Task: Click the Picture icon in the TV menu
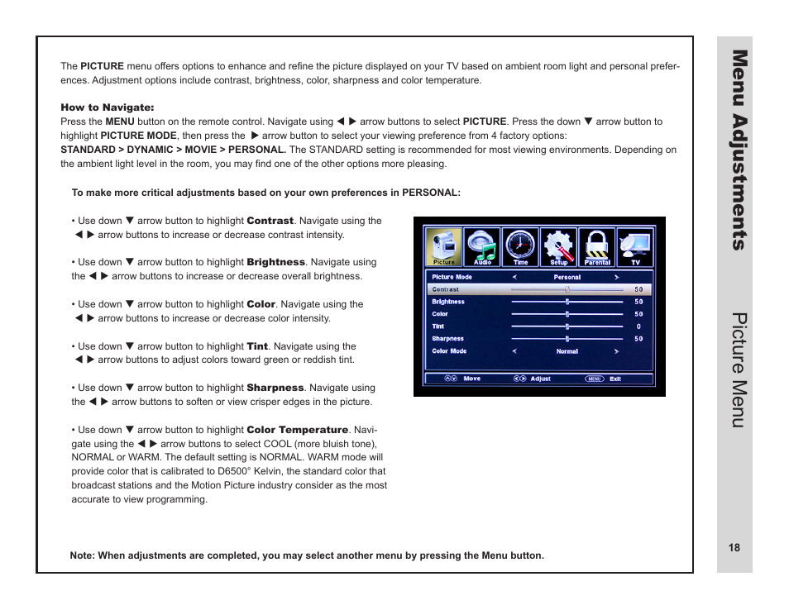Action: [443, 246]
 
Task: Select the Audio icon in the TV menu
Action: [482, 246]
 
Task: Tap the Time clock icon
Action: [520, 246]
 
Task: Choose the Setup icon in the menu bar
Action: [559, 246]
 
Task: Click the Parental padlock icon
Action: [597, 246]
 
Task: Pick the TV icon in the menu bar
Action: [635, 246]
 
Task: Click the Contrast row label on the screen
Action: [446, 290]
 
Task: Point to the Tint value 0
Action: [638, 326]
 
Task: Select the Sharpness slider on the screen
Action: [567, 339]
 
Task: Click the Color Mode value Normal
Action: [567, 351]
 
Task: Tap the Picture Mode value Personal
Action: [567, 278]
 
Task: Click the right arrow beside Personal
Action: [616, 278]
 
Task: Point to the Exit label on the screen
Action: [615, 379]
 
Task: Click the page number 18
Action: [734, 548]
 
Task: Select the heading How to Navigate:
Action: [108, 107]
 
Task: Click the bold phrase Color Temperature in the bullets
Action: [298, 430]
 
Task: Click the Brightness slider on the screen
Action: [567, 303]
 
